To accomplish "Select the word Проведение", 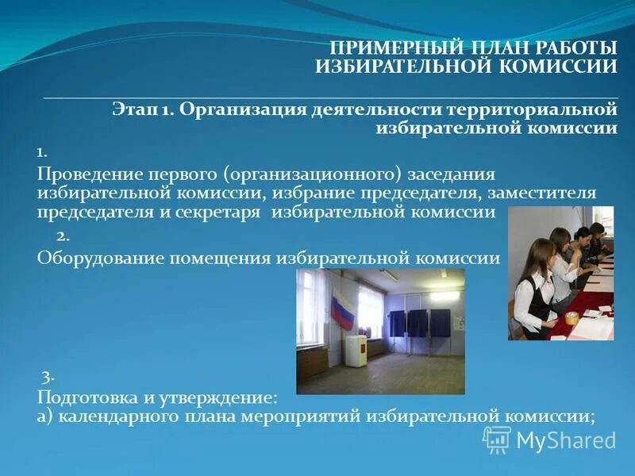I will point(88,174).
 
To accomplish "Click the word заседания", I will point(450,174).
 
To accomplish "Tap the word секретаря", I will point(224,212).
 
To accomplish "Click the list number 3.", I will point(47,376).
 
